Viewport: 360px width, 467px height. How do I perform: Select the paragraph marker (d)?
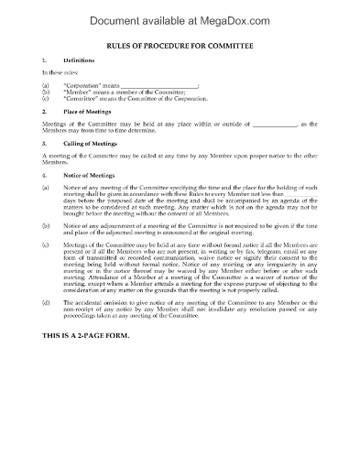46,353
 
